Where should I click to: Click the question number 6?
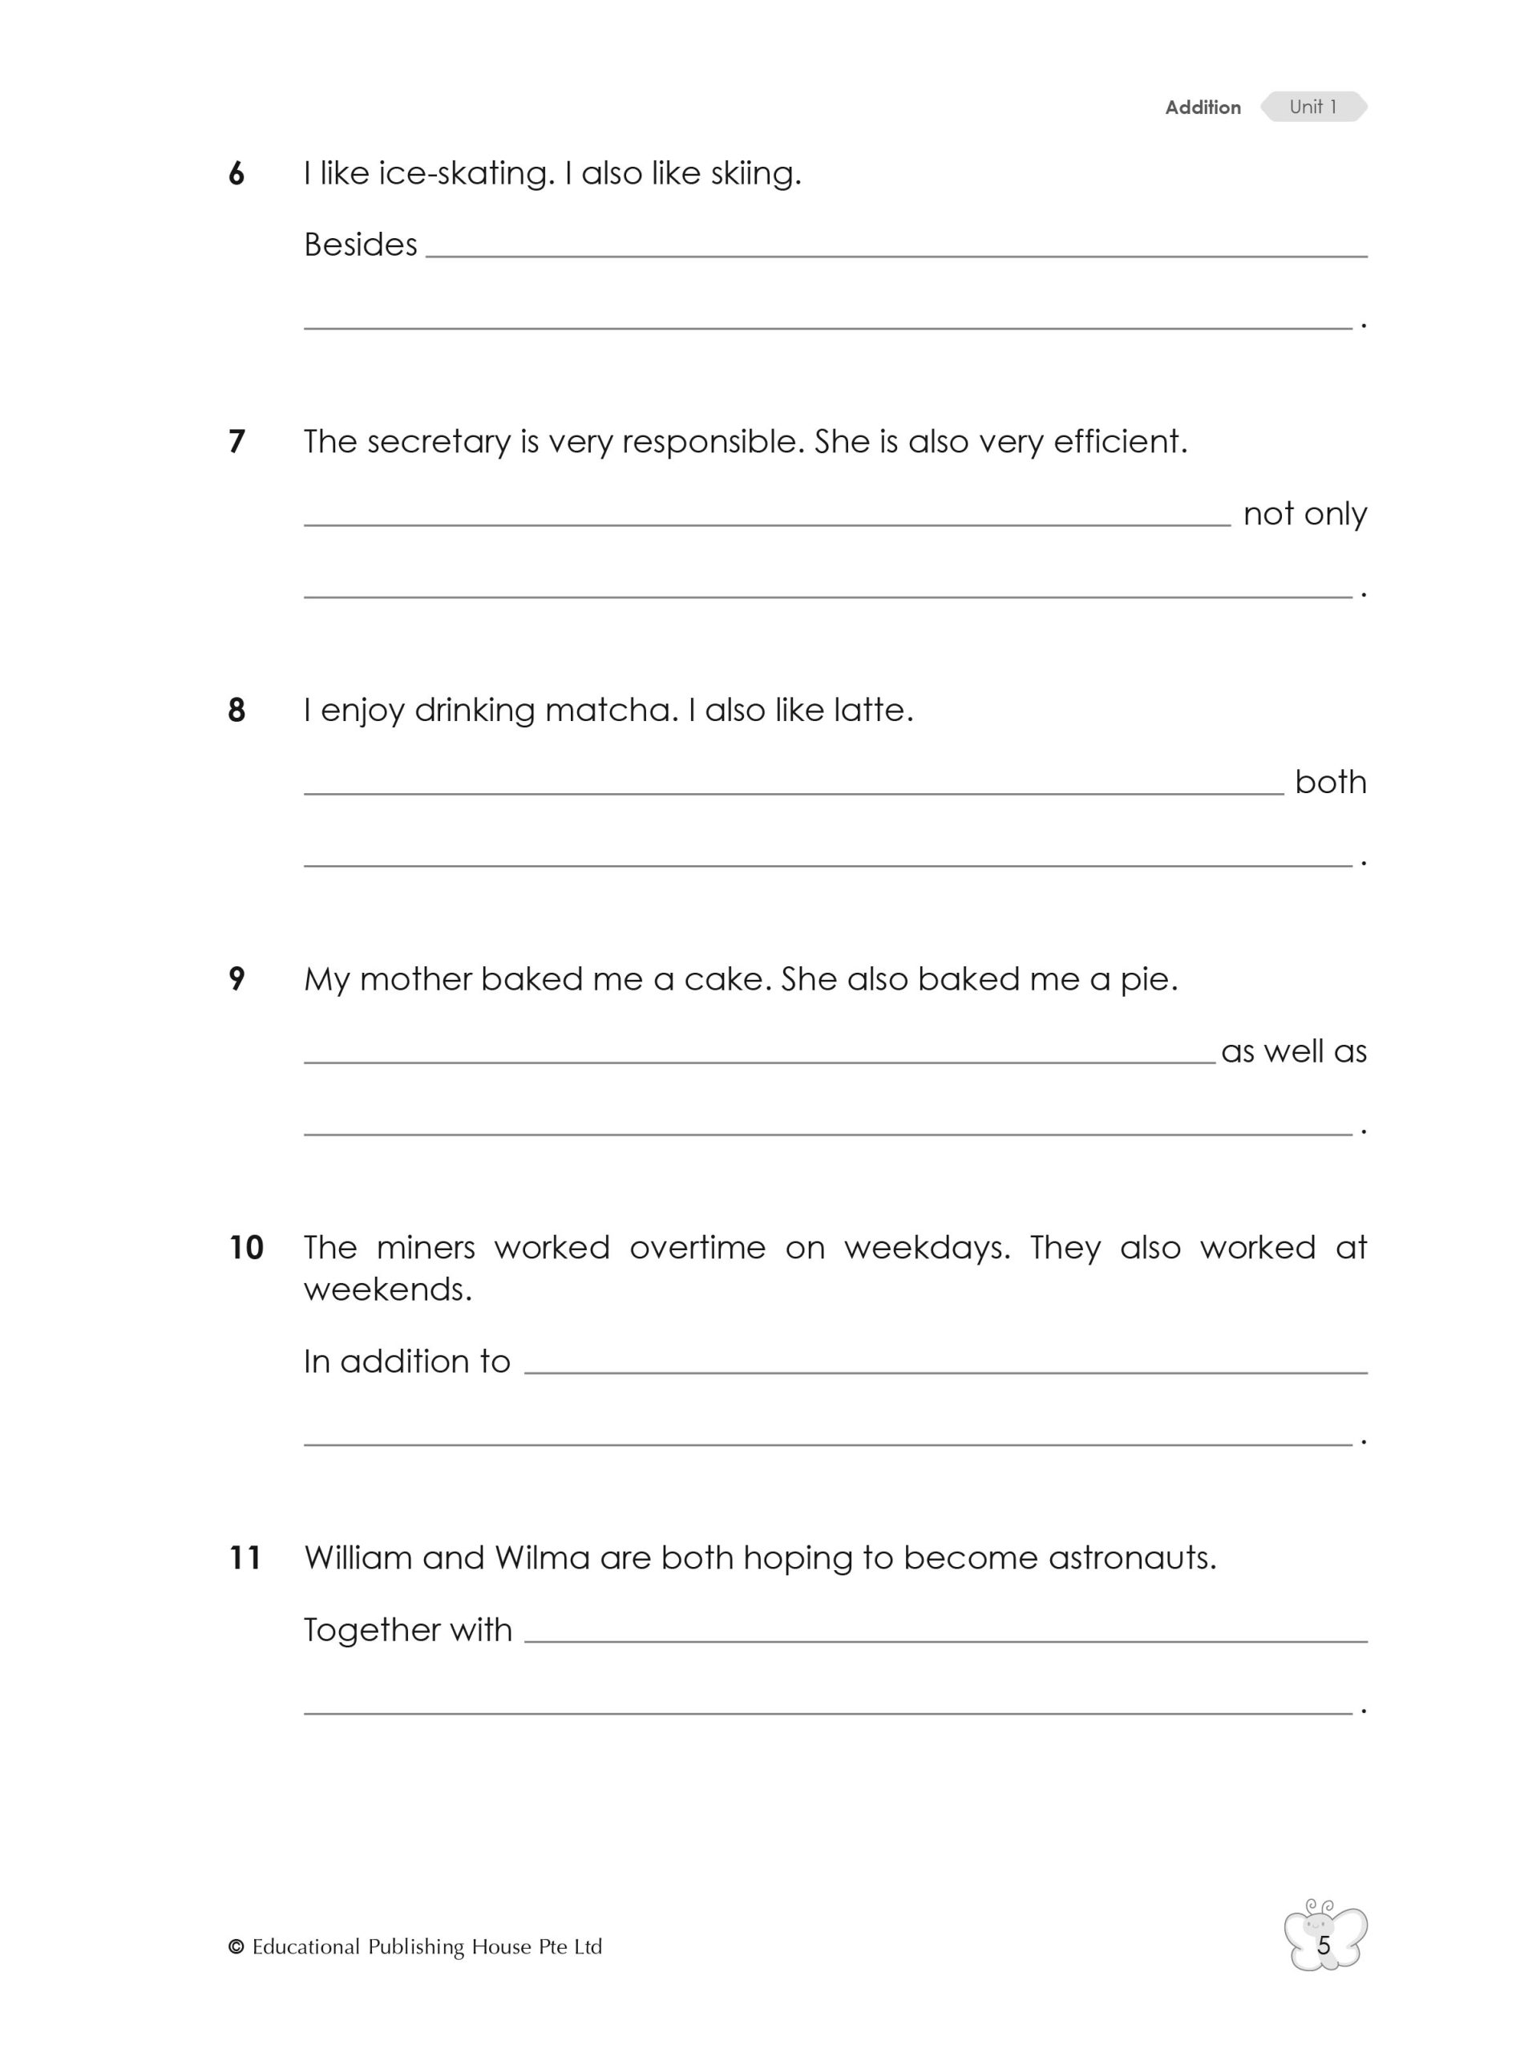[236, 174]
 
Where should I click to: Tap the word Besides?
[360, 245]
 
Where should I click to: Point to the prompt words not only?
[1304, 513]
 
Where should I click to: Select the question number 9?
[236, 979]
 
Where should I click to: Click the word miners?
[425, 1248]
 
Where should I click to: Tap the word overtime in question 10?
[697, 1248]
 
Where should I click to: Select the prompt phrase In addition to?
[406, 1361]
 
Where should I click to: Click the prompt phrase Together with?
[407, 1630]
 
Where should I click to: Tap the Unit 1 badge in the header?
[1313, 107]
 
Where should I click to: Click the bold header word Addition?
[1202, 107]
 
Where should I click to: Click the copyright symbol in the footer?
[236, 1947]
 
